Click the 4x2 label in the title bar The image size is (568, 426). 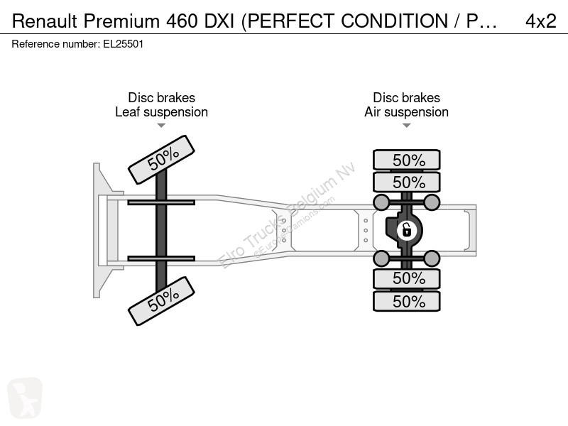click(541, 21)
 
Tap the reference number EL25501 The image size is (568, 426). click(123, 44)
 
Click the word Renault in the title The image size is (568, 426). click(45, 21)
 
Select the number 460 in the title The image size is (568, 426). click(182, 21)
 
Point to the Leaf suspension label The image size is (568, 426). click(162, 112)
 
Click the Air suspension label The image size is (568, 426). click(406, 112)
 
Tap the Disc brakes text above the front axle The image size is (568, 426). click(162, 97)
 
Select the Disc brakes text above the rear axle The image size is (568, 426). click(406, 97)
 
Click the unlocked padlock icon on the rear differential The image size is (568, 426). click(407, 230)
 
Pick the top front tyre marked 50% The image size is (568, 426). click(162, 160)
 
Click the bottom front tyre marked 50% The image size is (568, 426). click(162, 301)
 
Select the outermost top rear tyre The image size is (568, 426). click(407, 160)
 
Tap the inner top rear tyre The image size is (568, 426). click(407, 182)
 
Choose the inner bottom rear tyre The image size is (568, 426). click(407, 278)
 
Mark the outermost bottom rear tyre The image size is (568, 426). click(407, 301)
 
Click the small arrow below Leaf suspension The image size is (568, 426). click(161, 126)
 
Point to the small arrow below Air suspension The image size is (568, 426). click(406, 126)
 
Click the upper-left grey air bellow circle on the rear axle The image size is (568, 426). click(381, 202)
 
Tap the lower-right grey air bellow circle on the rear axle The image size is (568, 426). click(432, 258)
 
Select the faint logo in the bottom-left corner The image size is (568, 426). click(25, 398)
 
